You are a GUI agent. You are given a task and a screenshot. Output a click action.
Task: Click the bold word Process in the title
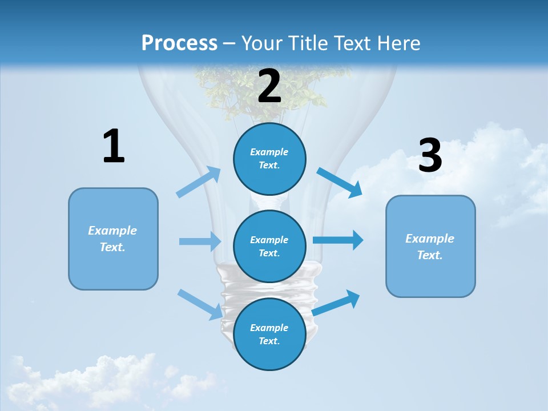[179, 43]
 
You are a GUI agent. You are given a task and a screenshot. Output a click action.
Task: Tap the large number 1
[114, 147]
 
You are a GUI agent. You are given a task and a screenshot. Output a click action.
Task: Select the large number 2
[269, 86]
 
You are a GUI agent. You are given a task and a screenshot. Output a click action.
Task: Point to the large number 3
[430, 155]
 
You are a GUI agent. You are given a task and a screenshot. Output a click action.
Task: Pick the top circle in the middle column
[269, 159]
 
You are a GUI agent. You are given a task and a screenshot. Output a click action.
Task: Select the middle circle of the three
[269, 246]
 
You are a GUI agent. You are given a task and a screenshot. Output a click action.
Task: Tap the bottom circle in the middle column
[269, 334]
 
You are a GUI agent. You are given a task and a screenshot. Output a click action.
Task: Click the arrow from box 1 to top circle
[199, 182]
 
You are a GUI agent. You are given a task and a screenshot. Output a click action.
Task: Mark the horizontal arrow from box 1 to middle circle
[200, 241]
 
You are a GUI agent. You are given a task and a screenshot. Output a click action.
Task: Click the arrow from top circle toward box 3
[340, 183]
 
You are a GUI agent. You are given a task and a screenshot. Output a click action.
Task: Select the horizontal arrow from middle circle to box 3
[338, 240]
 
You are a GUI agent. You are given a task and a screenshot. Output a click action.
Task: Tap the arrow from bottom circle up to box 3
[336, 303]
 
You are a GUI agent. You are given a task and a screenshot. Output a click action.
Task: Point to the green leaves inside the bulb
[263, 91]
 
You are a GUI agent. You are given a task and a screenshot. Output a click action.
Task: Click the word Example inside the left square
[112, 231]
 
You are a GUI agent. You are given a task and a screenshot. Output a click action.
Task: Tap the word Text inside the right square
[429, 255]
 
